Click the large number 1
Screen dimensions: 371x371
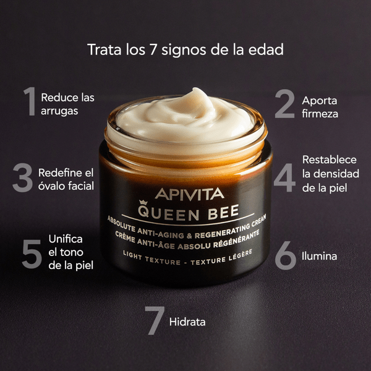click(x=29, y=102)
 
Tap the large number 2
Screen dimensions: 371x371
click(x=285, y=104)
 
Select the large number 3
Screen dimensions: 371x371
click(x=22, y=177)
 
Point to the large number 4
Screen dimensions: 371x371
click(x=285, y=177)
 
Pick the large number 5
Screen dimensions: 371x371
click(x=32, y=253)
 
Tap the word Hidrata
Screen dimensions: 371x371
click(x=187, y=322)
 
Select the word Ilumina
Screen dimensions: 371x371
click(x=320, y=255)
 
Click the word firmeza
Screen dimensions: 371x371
click(x=320, y=114)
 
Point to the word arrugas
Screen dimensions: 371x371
click(x=60, y=111)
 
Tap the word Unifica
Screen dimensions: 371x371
click(x=65, y=238)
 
